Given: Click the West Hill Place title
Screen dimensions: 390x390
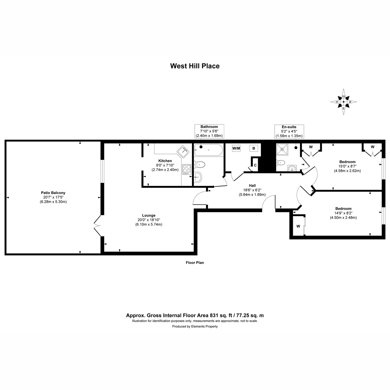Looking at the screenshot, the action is click(x=195, y=66).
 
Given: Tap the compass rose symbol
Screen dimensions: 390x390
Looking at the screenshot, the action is click(x=344, y=102).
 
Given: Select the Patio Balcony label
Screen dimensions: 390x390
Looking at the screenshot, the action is click(x=53, y=193).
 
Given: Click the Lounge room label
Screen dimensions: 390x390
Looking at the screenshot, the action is click(x=149, y=215).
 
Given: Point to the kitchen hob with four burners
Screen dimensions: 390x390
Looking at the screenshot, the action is click(x=187, y=169).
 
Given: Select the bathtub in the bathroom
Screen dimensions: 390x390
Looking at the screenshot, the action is click(x=208, y=150).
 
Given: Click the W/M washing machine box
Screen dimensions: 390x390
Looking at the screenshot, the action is click(x=236, y=148).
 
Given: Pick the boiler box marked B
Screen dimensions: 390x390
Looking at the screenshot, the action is click(x=253, y=148).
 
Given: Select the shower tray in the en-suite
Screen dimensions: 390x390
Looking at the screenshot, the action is click(x=282, y=149).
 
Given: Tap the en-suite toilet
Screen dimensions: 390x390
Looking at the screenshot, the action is click(x=280, y=162).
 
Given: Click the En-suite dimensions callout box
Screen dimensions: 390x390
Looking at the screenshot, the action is click(x=289, y=132).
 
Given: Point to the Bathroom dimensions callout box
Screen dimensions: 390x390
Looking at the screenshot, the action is click(x=209, y=131).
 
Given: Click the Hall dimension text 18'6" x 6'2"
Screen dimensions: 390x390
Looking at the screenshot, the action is click(x=252, y=190).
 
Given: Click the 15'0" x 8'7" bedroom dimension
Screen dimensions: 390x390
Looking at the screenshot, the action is click(x=347, y=166).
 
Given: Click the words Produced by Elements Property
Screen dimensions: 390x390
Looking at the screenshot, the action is click(x=195, y=326).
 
